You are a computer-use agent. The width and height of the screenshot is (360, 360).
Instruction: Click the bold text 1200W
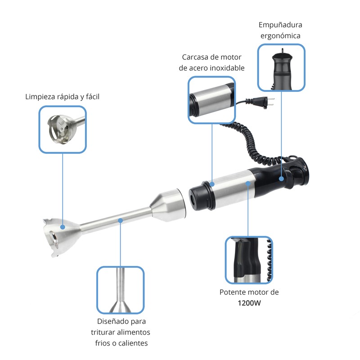pos(249,303)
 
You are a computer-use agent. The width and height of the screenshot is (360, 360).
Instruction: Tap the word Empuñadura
pos(280,25)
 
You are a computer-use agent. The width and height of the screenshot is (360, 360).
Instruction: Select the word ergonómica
pos(280,36)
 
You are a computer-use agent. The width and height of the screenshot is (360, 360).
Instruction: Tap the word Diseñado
pos(111,321)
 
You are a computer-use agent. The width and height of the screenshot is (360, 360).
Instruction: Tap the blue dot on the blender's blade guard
pos(63,227)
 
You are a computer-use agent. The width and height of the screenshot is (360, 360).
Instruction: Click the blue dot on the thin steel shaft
pos(120,220)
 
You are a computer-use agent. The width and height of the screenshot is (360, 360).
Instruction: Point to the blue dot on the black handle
pos(282,179)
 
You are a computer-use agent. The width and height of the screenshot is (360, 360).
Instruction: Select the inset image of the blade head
pos(63,130)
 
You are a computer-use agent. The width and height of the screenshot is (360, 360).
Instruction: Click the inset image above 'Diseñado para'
pos(120,290)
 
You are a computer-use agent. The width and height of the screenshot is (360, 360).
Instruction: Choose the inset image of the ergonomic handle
pos(281,67)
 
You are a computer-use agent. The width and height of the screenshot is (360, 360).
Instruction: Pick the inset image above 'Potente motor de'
pos(249,260)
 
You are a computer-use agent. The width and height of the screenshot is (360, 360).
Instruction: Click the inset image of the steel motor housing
pos(211,100)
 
